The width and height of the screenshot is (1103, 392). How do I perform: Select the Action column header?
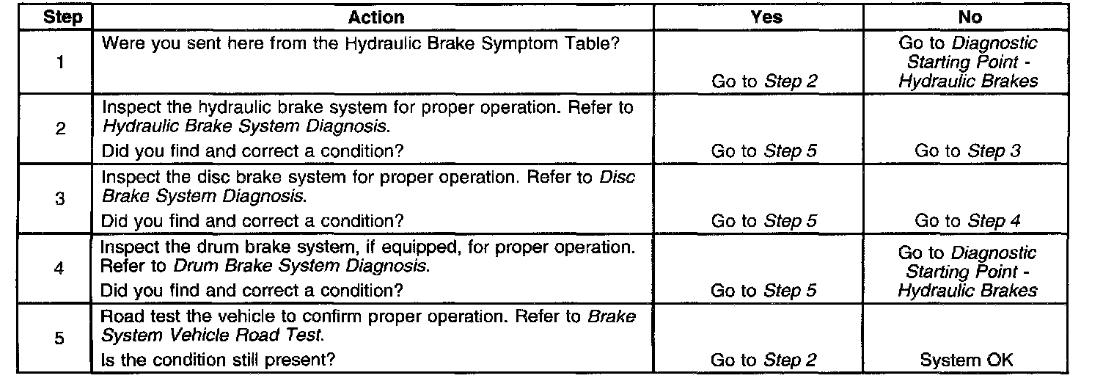tap(375, 17)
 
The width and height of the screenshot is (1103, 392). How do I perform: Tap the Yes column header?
tap(766, 17)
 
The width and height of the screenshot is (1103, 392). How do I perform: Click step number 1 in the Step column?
tap(60, 62)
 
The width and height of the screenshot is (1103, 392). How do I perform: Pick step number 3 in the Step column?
tap(60, 199)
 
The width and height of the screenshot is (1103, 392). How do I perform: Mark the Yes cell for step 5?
tap(763, 360)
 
